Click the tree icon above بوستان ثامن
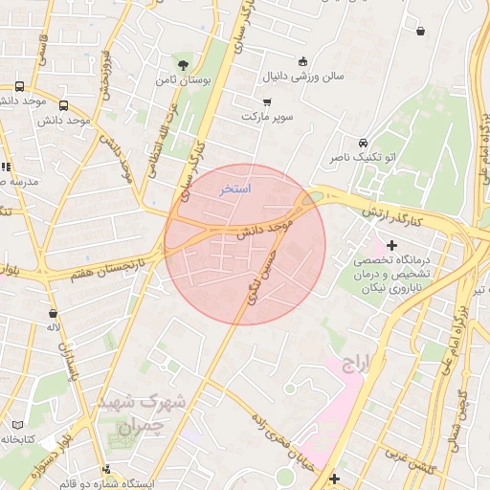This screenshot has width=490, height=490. coord(181,65)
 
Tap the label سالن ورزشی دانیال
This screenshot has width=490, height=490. coord(303,76)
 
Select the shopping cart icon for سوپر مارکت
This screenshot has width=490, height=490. coord(267,101)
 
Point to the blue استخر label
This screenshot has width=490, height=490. coord(235,189)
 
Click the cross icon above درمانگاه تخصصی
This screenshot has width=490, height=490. coord(391,246)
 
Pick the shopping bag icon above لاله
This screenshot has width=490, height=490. coord(52,313)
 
